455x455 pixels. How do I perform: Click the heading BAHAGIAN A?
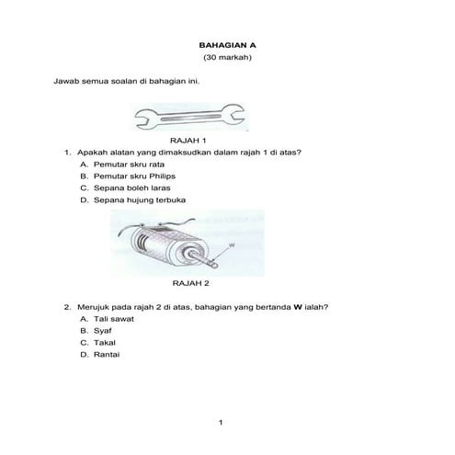227,43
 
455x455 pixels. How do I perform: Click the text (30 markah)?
227,57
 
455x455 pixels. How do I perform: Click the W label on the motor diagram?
232,245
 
